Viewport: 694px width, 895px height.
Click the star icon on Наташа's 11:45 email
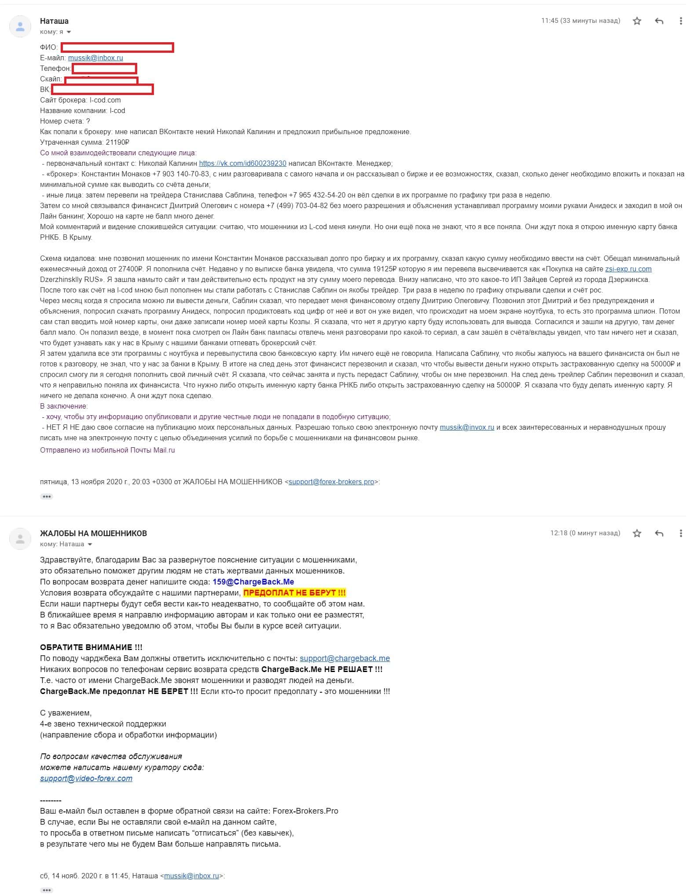coord(637,21)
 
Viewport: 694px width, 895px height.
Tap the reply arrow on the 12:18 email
coord(659,533)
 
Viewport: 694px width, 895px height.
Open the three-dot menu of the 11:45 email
coord(681,21)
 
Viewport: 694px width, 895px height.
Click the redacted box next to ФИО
coord(117,47)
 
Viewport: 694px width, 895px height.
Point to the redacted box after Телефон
coord(105,69)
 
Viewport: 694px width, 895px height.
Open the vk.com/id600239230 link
coord(243,163)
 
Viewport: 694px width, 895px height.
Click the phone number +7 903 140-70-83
coord(181,174)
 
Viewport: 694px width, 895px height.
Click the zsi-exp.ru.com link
coord(628,269)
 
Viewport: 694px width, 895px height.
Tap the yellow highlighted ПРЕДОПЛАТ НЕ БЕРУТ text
coord(295,592)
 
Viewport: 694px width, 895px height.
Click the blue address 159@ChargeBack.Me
coord(253,581)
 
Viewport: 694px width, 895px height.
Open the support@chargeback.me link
coord(345,658)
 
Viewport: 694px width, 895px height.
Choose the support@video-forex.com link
coord(86,778)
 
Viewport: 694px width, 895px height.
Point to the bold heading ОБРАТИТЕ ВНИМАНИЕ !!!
coord(91,647)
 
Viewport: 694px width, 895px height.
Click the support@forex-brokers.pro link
coord(331,482)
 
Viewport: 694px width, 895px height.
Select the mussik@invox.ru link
coord(467,427)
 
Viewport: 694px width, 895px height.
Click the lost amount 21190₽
coord(117,142)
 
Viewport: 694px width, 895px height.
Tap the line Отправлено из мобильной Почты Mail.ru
coord(107,450)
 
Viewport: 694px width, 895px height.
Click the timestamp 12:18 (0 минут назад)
coord(585,533)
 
